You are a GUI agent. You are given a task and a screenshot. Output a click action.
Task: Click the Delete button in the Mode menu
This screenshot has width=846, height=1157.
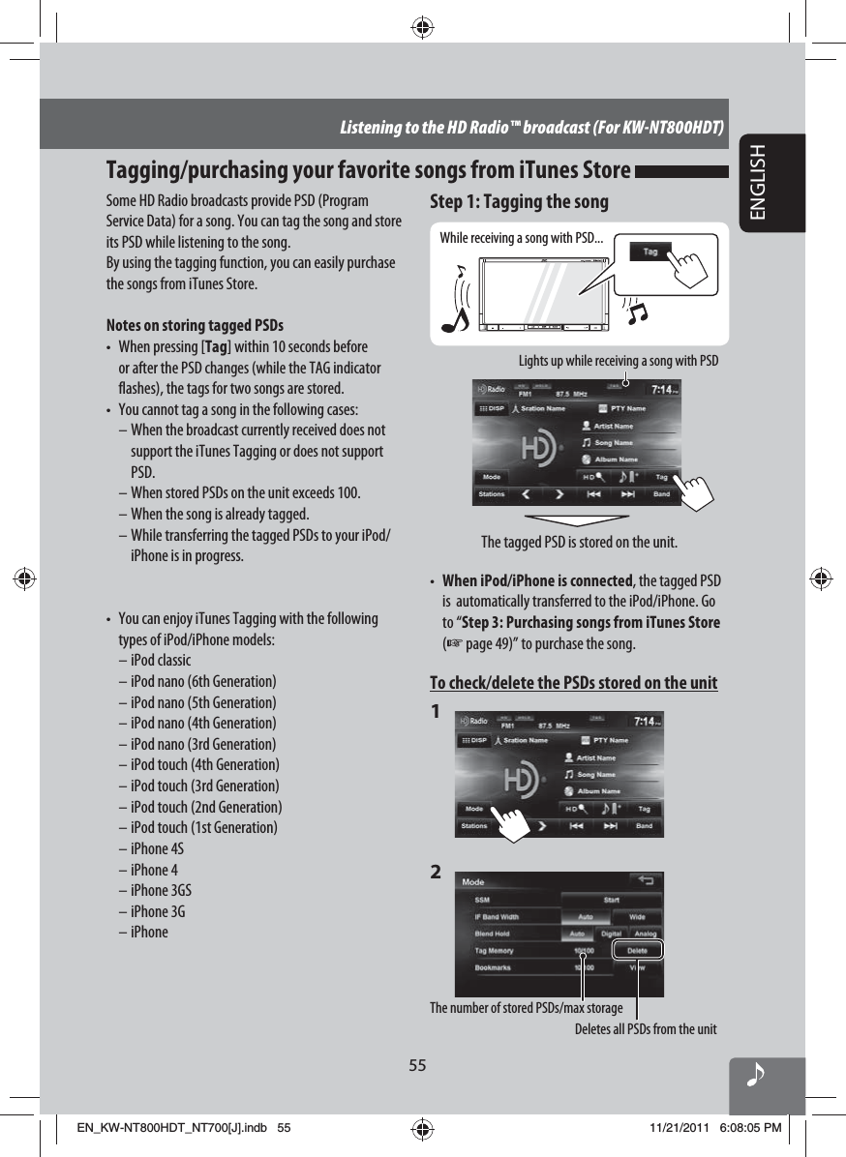[x=637, y=950]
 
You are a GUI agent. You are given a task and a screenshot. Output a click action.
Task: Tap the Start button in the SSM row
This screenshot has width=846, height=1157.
[x=612, y=900]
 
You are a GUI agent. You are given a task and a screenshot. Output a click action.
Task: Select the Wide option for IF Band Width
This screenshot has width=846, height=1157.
[x=638, y=916]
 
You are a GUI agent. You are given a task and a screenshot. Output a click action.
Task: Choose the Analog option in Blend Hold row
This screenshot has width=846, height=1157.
[x=645, y=934]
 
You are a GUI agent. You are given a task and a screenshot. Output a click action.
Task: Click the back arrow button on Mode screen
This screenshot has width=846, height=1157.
[x=646, y=880]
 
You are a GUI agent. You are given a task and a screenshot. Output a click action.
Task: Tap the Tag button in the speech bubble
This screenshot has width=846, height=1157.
[x=650, y=252]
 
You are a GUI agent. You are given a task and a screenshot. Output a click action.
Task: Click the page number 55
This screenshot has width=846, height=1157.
[x=417, y=1065]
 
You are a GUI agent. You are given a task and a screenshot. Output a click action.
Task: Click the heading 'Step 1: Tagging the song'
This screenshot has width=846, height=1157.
[x=519, y=201]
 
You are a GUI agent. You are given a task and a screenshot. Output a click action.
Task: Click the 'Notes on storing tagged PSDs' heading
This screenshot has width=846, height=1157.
[x=195, y=324]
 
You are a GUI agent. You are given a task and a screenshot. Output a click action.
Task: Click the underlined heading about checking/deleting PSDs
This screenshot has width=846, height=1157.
[x=573, y=684]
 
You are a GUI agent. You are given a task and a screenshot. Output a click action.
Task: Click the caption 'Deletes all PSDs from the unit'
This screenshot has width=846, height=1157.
[x=646, y=1028]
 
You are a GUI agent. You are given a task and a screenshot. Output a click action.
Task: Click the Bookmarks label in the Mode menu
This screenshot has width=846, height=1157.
[x=494, y=967]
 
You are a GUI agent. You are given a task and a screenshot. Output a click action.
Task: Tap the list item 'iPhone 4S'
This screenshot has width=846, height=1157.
[x=157, y=848]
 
